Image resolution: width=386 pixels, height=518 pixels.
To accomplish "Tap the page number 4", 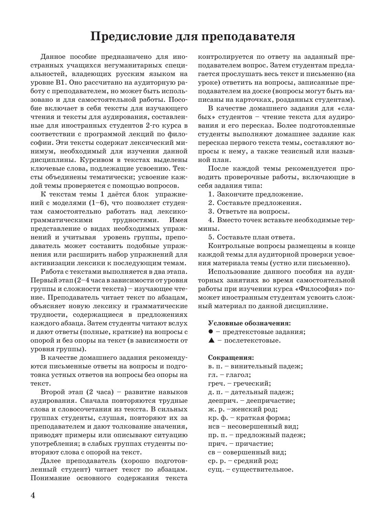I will pyautogui.click(x=33, y=495).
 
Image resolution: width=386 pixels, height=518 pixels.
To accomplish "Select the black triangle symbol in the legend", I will pyautogui.click(x=211, y=341).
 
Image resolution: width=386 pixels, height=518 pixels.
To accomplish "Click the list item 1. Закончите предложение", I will pyautogui.click(x=256, y=194).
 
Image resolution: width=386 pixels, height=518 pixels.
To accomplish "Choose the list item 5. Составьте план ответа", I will pyautogui.click(x=252, y=237).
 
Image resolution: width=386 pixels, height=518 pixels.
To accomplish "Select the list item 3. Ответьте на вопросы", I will pyautogui.click(x=249, y=212).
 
